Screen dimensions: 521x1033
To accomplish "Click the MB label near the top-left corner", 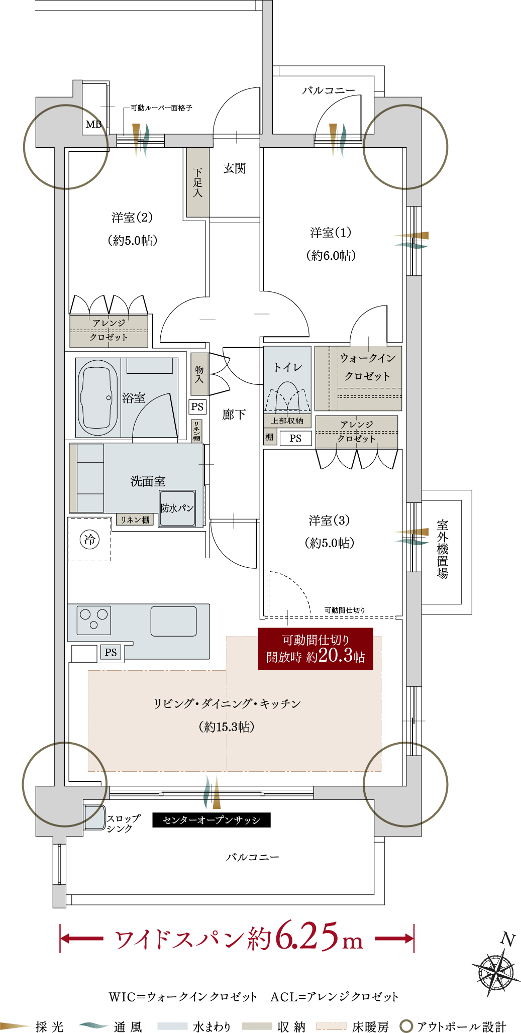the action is pos(93,124).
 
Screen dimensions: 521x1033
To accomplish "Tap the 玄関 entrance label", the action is pos(235,168).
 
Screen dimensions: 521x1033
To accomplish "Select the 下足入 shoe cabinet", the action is pos(198,182).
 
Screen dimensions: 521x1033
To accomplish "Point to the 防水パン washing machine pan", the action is pos(177,508).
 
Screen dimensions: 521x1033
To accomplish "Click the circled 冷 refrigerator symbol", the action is pos(89,540).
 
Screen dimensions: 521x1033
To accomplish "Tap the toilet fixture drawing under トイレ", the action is pos(287,397).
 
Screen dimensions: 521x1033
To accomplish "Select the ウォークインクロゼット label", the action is pos(368,367).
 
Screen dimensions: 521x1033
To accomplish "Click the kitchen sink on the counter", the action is pos(173,622).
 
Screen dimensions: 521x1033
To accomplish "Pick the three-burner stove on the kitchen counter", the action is pos(94,620).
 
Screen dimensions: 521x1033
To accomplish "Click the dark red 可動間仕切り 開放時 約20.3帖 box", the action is pos(316,649).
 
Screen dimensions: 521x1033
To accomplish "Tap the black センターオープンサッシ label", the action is pos(211,820).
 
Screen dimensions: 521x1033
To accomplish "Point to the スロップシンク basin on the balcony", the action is pos(94,817).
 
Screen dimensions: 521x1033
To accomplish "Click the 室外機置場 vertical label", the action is pos(442,549).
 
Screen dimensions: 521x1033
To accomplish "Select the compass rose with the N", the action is pos(496,967).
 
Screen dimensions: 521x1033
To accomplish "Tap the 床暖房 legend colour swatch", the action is pos(332,1026).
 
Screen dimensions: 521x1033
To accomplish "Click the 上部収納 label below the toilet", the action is pos(287,421).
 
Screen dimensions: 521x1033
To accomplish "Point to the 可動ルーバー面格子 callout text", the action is pos(161,108).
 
